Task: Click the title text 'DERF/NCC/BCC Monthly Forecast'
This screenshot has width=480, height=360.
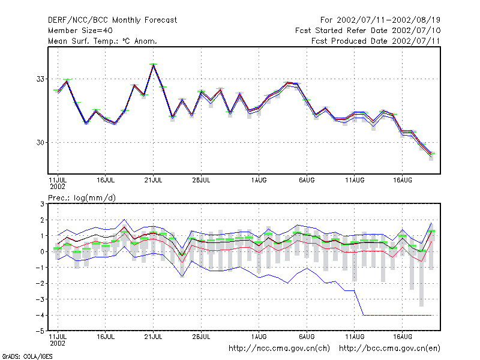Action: [112, 20]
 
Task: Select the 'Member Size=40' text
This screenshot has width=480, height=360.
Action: [80, 31]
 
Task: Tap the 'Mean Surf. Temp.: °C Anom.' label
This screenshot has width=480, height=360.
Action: [103, 41]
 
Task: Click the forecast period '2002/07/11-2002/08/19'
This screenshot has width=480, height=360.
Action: [388, 20]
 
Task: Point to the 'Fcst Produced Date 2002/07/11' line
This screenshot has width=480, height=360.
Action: [376, 41]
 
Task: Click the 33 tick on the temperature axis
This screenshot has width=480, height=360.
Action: [40, 79]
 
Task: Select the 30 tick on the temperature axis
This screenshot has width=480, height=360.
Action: [40, 142]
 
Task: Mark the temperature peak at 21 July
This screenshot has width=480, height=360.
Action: [154, 64]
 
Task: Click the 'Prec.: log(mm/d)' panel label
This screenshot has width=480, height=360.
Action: [82, 198]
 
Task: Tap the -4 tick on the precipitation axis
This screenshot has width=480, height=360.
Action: [40, 315]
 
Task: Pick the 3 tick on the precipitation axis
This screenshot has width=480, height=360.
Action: [42, 204]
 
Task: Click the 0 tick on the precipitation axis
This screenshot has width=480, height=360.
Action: [42, 251]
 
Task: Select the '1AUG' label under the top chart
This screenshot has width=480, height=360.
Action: [259, 180]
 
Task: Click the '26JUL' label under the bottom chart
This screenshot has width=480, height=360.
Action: [201, 337]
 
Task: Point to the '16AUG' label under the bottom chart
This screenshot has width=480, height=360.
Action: [403, 337]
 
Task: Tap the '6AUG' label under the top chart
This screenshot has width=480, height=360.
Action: [307, 180]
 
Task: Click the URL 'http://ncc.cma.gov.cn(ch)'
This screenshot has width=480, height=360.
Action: [279, 349]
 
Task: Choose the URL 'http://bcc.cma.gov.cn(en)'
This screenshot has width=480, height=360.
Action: [389, 349]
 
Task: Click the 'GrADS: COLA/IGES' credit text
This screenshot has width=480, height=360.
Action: [27, 356]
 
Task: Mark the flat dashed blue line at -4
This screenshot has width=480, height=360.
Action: [397, 315]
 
